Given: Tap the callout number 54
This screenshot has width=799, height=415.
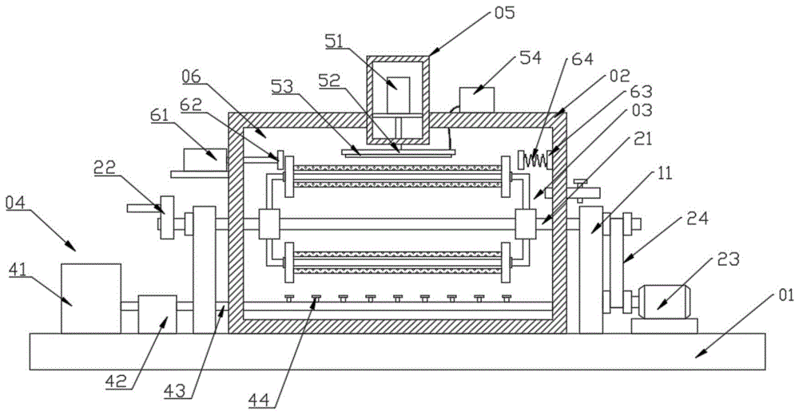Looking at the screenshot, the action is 530,57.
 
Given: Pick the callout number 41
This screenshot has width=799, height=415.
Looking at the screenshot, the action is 18,270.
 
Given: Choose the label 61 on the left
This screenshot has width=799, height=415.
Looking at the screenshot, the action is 160,115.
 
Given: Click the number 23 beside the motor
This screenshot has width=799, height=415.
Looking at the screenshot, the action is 728,259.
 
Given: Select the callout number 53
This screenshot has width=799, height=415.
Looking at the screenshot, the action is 282,86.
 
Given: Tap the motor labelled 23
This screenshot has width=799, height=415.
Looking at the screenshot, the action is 663,302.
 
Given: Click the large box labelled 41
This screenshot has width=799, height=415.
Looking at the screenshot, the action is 91,298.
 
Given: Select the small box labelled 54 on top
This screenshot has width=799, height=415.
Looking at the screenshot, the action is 477,100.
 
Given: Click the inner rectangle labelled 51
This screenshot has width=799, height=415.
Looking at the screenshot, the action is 398,95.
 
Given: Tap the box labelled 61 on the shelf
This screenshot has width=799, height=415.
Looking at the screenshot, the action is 205,160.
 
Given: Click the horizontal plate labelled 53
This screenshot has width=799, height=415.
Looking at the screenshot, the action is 399,152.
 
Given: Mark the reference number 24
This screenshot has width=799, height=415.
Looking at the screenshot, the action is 698,219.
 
